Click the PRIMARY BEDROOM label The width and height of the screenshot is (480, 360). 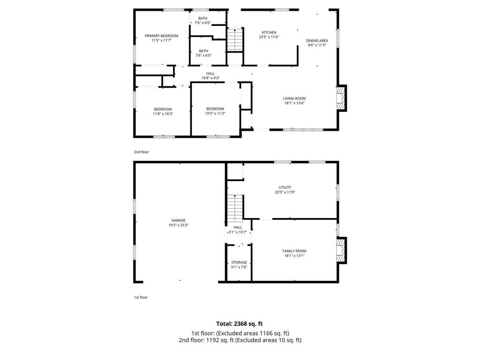161,36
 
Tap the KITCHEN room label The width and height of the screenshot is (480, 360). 269,32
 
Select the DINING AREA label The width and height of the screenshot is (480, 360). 317,40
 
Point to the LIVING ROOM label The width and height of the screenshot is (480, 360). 294,98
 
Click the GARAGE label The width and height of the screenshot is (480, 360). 178,220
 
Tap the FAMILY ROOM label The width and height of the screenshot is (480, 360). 294,251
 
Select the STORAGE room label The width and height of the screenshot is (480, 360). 239,262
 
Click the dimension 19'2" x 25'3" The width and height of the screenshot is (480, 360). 178,225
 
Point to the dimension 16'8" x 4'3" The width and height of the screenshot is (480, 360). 210,78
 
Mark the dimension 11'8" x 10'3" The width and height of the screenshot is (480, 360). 163,113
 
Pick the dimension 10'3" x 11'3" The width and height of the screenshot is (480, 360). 215,113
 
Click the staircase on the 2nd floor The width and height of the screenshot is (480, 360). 235,40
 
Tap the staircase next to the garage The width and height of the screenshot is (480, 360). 235,209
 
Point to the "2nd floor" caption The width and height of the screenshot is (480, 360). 141,152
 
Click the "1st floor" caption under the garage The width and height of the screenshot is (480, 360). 141,297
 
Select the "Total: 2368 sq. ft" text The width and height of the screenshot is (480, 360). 240,323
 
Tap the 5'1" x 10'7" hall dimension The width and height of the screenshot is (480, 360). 238,232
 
